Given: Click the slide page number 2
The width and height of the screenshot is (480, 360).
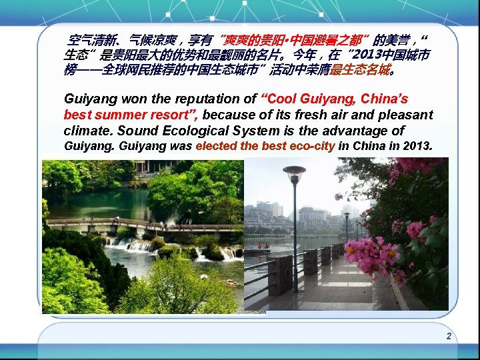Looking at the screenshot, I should click(449, 336).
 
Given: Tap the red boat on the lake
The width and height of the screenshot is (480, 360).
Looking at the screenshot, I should click(257, 251).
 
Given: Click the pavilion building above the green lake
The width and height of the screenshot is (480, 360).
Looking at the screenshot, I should click(150, 167).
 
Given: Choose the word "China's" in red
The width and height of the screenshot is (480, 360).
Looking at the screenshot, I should click(385, 99).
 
